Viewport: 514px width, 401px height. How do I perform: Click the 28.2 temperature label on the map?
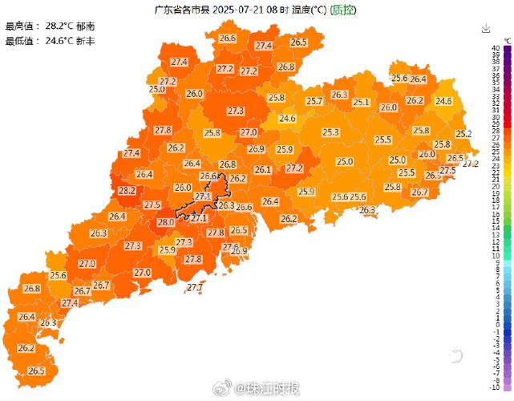coord(127,191)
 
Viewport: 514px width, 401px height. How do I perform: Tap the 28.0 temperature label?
coord(166,222)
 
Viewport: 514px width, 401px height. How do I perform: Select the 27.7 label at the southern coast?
coord(195,287)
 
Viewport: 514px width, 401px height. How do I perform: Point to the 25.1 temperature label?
coord(361,102)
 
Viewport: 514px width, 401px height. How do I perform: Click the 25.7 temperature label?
coord(314,101)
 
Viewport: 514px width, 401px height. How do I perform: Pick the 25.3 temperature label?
coord(331,132)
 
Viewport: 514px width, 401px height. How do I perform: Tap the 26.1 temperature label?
coord(263,169)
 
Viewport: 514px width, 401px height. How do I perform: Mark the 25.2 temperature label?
coord(463,133)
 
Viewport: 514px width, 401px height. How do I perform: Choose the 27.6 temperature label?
coord(231,246)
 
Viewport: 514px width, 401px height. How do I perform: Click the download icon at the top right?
coord(486,28)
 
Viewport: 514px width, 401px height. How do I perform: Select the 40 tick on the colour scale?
coord(497,49)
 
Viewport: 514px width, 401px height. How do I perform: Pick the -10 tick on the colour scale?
coord(497,387)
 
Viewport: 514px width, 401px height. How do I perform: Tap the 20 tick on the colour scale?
coord(497,185)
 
